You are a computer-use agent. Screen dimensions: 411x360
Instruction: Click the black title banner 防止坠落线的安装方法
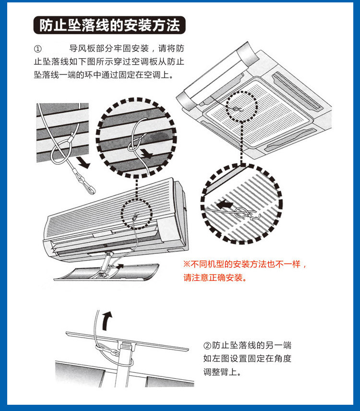pyautogui.click(x=109, y=25)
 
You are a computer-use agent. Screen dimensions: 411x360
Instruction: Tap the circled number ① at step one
pyautogui.click(x=38, y=49)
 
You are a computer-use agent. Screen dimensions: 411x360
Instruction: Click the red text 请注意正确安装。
pyautogui.click(x=214, y=278)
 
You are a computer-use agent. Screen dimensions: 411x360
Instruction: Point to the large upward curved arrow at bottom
pyautogui.click(x=108, y=318)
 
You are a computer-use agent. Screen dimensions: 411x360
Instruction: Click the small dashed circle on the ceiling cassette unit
pyautogui.click(x=241, y=108)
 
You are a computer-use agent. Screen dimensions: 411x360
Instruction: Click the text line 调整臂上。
pyautogui.click(x=222, y=372)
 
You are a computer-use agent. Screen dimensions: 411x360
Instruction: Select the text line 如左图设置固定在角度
pyautogui.click(x=247, y=359)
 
